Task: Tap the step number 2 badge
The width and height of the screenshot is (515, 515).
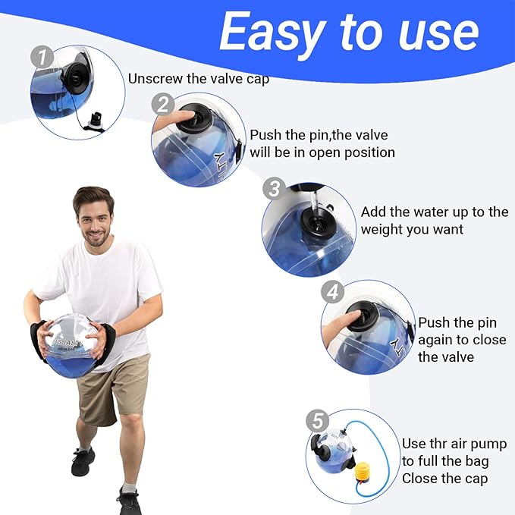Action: (161, 104)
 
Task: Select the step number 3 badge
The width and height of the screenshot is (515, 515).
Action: (274, 189)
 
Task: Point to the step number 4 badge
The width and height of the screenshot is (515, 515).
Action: (331, 291)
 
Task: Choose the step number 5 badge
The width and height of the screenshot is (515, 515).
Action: (319, 419)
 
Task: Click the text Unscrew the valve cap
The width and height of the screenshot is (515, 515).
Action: (199, 78)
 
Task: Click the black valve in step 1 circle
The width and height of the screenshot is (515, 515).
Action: (77, 75)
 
